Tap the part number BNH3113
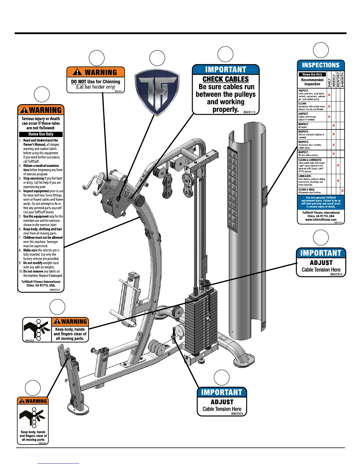(249, 112)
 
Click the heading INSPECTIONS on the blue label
(321, 65)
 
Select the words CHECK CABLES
(226, 79)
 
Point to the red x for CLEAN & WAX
(342, 191)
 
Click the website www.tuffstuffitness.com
(321, 219)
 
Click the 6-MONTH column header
(342, 80)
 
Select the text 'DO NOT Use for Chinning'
(96, 81)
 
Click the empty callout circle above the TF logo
(157, 58)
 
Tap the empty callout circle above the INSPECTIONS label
(321, 50)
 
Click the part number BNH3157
(55, 290)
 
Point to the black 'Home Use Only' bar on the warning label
(41, 134)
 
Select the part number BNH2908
(42, 443)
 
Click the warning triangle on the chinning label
(77, 72)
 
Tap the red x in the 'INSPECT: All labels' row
(334, 125)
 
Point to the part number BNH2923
(119, 91)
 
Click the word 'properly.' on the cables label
(226, 109)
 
